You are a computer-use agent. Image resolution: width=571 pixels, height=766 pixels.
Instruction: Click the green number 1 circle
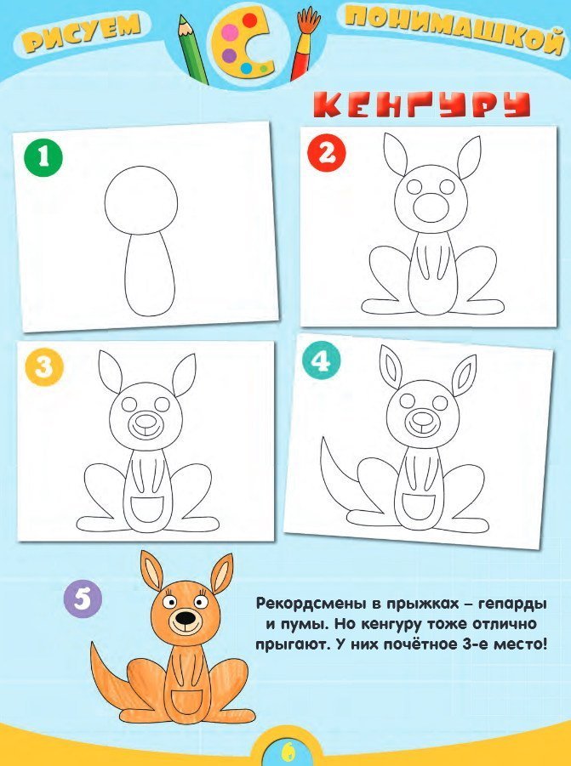pos(43,157)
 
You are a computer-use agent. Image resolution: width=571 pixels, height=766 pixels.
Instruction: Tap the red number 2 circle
pos(327,153)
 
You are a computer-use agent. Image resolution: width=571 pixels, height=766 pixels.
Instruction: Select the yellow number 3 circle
pos(43,366)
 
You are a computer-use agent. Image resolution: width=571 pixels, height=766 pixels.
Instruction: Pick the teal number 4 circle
pos(321,361)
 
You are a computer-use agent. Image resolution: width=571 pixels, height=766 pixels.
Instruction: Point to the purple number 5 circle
pos(83,598)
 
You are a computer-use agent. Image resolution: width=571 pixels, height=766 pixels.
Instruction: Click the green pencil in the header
pos(193,48)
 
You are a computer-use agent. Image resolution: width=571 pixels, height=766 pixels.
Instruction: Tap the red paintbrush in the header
pos(304,43)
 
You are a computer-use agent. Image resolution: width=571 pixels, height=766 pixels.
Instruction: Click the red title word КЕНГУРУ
pos(422,104)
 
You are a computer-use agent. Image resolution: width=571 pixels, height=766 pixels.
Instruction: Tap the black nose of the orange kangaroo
pos(186,619)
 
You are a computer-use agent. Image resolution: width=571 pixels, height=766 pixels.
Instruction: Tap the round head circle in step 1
pos(141,201)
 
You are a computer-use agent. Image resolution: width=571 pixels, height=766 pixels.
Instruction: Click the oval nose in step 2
pos(431,207)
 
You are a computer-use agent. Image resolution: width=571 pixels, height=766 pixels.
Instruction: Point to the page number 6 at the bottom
pos(287,750)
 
